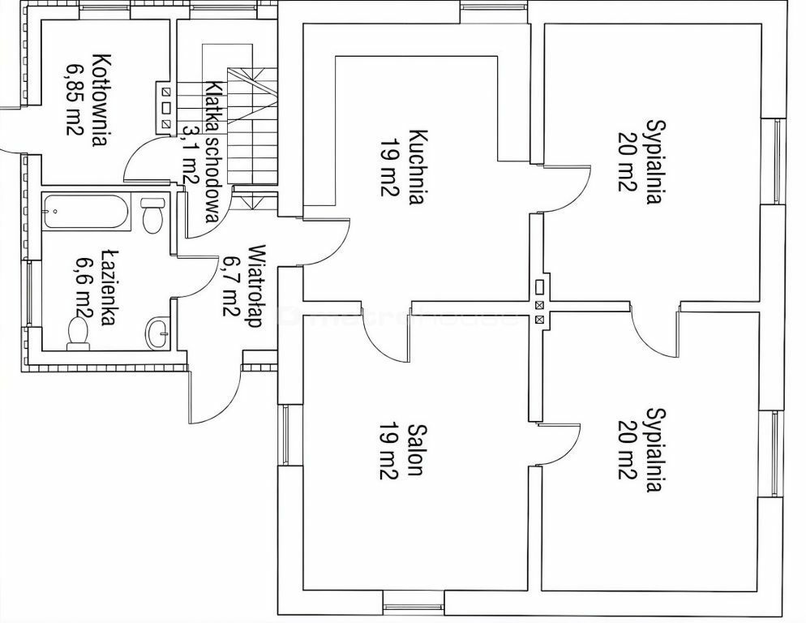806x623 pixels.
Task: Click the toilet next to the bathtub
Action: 152,215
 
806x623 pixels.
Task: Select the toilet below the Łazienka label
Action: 78,333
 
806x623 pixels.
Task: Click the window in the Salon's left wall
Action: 285,434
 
